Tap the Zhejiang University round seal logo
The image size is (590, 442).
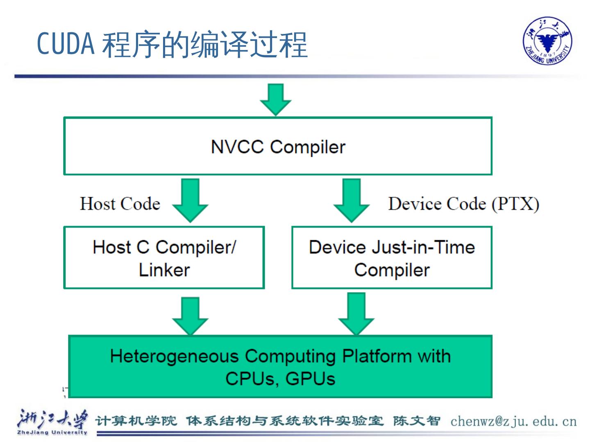[547, 41]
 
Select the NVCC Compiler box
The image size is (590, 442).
[278, 146]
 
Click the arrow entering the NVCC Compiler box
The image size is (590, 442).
[276, 99]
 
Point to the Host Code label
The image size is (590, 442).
[120, 203]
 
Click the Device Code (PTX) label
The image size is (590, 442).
[463, 203]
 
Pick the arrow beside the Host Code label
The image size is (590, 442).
[191, 201]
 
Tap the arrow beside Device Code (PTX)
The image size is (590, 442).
[352, 201]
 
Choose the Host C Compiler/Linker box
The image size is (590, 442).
[164, 258]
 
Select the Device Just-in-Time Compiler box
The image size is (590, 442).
[392, 258]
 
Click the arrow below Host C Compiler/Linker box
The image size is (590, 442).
[191, 316]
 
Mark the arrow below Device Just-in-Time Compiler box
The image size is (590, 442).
[356, 313]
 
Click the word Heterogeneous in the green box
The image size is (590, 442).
[174, 356]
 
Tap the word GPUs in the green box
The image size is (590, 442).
[310, 379]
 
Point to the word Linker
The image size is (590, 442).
[164, 270]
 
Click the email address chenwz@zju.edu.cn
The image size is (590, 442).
[513, 421]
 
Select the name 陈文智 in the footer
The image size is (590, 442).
[416, 421]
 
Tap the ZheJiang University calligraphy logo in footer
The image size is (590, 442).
[52, 422]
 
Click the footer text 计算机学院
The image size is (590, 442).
[136, 421]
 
